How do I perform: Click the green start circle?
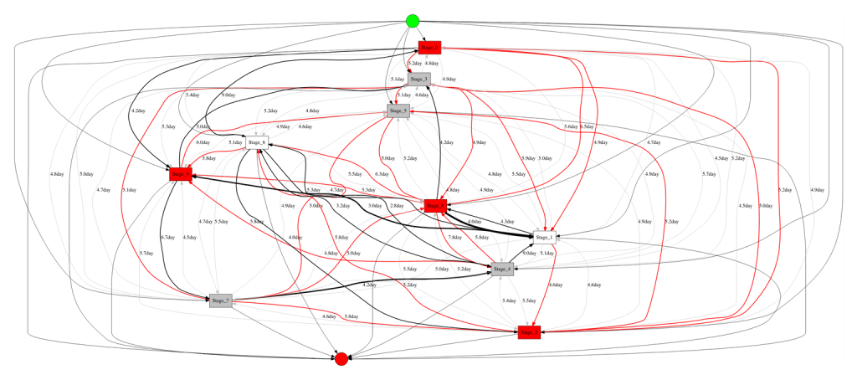(x=412, y=21)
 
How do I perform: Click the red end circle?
(x=341, y=358)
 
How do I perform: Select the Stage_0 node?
(x=429, y=48)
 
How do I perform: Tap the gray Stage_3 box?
(x=419, y=79)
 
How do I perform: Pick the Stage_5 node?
(x=398, y=110)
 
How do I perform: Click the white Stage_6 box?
(x=256, y=142)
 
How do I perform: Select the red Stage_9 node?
(x=181, y=173)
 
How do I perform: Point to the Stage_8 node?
(x=434, y=204)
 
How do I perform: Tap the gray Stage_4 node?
(x=501, y=269)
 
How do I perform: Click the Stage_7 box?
(x=221, y=300)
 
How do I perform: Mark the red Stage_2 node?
(x=529, y=331)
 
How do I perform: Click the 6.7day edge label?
(x=167, y=238)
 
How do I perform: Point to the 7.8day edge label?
(x=454, y=238)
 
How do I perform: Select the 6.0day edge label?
(x=203, y=142)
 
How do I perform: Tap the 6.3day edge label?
(x=381, y=174)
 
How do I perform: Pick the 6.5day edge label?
(x=588, y=126)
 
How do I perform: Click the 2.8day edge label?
(x=397, y=205)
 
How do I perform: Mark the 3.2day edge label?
(x=343, y=205)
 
